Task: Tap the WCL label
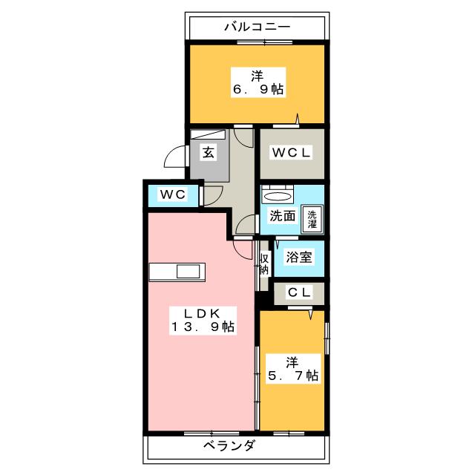[x=291, y=153]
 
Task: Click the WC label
[x=171, y=194]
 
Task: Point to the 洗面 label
[x=282, y=217]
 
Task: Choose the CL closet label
[x=298, y=293]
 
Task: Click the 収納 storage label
[x=263, y=263]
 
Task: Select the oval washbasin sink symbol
[x=278, y=196]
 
